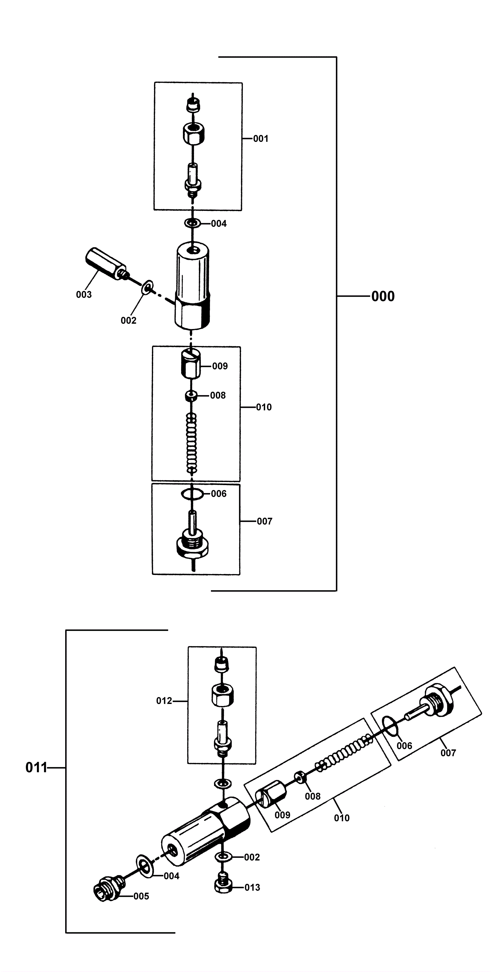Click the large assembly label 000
[x=383, y=296]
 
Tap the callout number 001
[x=260, y=139]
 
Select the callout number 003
[x=84, y=295]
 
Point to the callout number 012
[x=164, y=701]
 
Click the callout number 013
[x=252, y=887]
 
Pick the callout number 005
[x=141, y=896]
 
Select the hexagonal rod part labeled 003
[x=105, y=264]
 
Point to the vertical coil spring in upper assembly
[x=192, y=443]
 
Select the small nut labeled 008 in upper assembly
[x=192, y=396]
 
